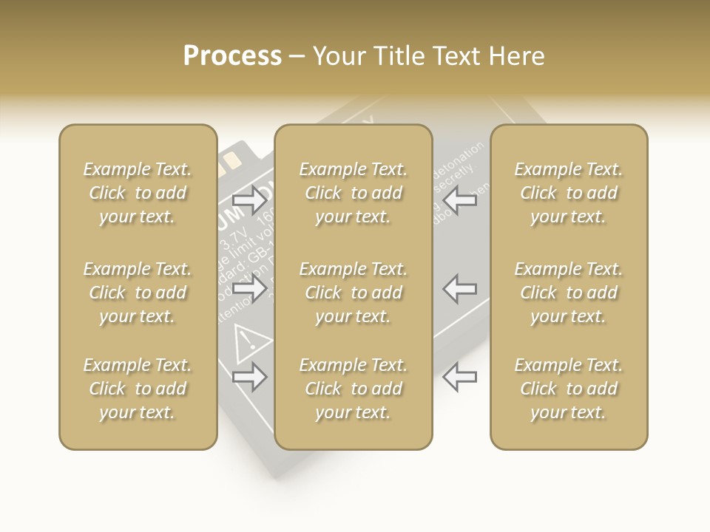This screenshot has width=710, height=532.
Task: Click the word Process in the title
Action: (x=232, y=56)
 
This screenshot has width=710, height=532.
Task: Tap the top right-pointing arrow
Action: (x=250, y=199)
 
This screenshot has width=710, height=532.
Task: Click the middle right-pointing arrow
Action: (x=250, y=288)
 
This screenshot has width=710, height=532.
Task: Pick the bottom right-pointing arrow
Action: (x=250, y=377)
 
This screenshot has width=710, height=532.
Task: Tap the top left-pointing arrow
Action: (x=460, y=199)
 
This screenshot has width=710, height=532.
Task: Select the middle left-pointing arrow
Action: (x=460, y=288)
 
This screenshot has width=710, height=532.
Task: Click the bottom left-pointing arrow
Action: (x=460, y=377)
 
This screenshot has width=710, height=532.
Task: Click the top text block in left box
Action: (x=138, y=193)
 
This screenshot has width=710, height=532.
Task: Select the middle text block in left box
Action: (x=138, y=293)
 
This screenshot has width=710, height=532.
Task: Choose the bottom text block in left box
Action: (x=138, y=389)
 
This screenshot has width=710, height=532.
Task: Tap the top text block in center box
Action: (x=353, y=193)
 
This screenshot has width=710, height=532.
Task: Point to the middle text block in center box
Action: (x=353, y=293)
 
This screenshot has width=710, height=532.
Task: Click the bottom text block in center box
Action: (x=353, y=389)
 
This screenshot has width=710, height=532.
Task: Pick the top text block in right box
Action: (x=569, y=193)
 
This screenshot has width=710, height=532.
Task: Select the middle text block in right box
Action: (x=569, y=293)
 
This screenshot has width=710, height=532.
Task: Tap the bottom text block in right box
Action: (x=569, y=389)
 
